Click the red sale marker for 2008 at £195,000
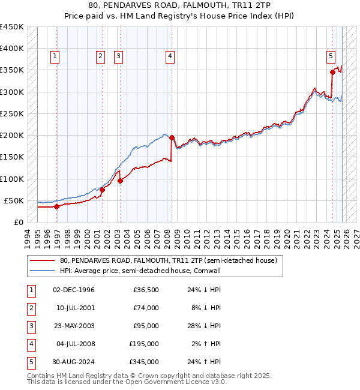point(172,137)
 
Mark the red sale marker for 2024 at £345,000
point(332,72)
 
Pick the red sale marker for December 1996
point(57,206)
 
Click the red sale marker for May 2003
point(120,181)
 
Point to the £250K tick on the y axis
point(12,113)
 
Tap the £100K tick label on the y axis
point(12,179)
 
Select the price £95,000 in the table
point(146,326)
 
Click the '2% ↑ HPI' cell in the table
point(205,344)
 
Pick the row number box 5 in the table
point(29,362)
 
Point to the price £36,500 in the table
point(146,290)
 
